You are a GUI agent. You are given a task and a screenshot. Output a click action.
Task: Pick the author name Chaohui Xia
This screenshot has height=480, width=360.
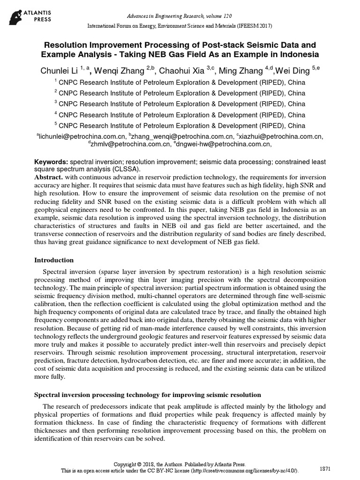point(182,71)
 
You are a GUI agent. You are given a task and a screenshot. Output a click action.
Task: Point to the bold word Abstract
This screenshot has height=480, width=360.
point(49,178)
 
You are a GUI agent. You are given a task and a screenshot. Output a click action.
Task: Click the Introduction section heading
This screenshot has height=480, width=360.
point(54,260)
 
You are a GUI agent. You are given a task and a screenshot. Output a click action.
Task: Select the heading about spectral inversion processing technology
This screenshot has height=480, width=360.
point(148,395)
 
